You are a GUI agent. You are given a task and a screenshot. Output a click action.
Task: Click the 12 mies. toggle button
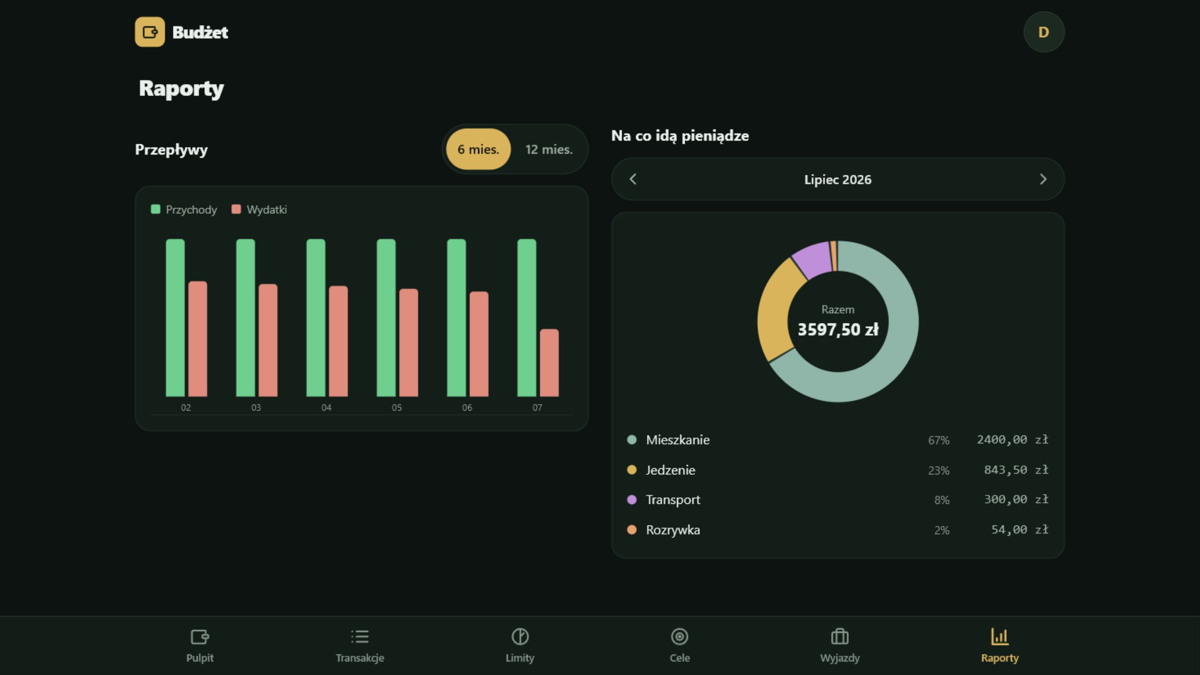point(549,150)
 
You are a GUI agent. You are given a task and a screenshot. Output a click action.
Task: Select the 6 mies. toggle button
point(478,150)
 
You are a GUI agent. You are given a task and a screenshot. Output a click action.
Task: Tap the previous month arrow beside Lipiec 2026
point(633,179)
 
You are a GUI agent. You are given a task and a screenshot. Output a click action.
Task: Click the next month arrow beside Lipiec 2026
point(1043,179)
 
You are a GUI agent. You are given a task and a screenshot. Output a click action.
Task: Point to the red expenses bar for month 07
point(549,363)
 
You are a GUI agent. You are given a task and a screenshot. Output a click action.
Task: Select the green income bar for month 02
point(175,318)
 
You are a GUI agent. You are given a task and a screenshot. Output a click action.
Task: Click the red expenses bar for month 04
point(338,341)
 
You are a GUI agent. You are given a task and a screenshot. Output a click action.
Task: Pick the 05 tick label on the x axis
point(397,408)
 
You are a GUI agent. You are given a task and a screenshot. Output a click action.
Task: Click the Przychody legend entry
point(184,210)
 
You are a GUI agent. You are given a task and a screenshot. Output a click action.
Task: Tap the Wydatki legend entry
point(259,210)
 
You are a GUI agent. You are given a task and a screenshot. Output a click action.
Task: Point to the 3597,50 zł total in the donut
point(838,330)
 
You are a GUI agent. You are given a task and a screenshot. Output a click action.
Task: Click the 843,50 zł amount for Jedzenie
point(1016,470)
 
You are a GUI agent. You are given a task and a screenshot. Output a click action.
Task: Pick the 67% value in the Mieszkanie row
point(938,440)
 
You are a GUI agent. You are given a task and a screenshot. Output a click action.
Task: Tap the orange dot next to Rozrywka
point(632,530)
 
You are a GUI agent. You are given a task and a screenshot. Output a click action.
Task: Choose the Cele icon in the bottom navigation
point(680,637)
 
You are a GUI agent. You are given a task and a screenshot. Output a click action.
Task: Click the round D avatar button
point(1044,32)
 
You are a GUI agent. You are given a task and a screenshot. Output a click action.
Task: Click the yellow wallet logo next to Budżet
point(150,32)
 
